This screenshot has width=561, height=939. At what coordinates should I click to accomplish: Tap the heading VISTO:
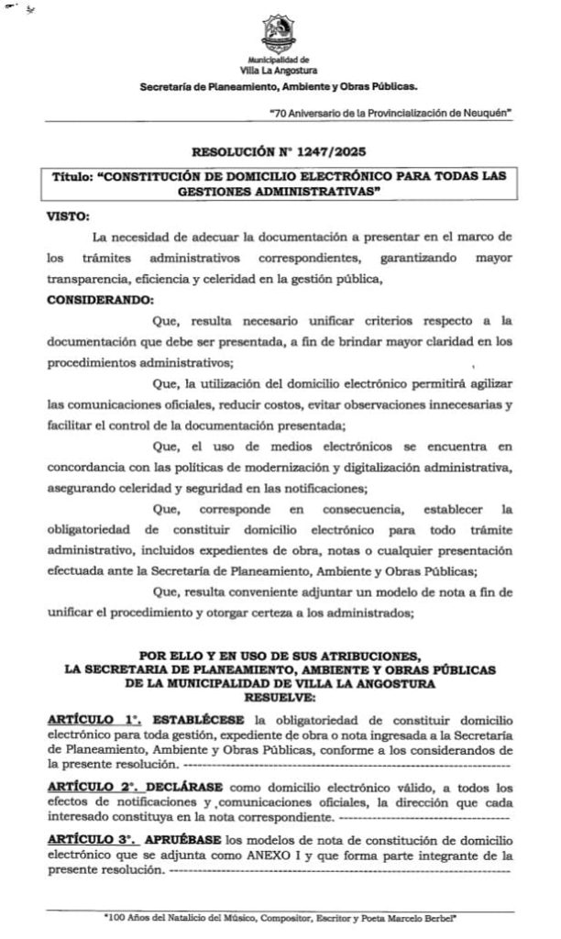[68, 216]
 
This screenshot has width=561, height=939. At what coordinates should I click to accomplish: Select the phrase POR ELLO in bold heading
[171, 657]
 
